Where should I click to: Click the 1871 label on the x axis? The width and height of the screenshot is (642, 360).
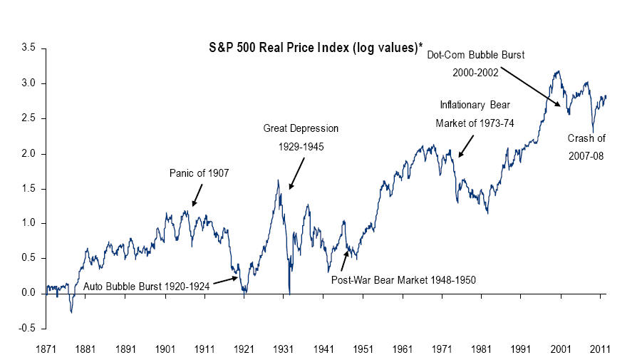(47, 350)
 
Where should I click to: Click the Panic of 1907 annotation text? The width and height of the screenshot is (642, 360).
(199, 173)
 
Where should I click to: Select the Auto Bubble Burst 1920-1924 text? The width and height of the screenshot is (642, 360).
(147, 287)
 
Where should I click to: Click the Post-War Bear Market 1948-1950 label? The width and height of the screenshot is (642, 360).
(403, 279)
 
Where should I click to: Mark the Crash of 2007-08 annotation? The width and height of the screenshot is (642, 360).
(586, 147)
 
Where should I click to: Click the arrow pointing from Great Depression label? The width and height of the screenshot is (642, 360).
(296, 173)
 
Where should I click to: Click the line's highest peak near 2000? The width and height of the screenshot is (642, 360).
(557, 71)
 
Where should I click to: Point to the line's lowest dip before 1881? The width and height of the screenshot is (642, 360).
(71, 312)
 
